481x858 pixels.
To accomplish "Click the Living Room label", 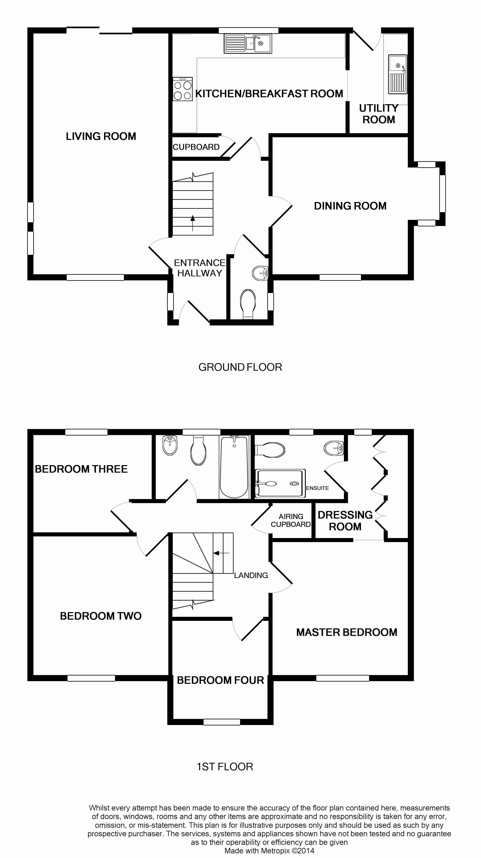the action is coord(101,136).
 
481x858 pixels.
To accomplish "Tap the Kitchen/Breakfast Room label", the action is coord(269,94).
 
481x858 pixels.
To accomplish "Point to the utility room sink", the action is coord(397,74).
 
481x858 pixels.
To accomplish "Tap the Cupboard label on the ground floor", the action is coord(196,147).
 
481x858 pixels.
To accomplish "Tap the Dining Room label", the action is coord(350,206).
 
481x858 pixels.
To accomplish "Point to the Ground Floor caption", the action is coord(240,367).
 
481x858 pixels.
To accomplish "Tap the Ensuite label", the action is coord(317,488).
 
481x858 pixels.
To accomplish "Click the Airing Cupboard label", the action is coord(291,520).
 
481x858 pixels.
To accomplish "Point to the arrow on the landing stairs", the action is coord(221,553).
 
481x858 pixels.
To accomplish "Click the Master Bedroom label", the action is coord(347,632).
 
